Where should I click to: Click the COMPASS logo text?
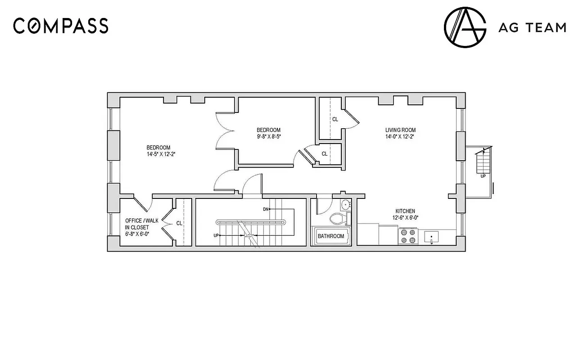point(61,26)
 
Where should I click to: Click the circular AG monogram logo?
point(465,27)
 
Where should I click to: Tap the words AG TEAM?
point(532,28)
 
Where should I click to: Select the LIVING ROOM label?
point(400,130)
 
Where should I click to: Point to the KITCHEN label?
point(405,211)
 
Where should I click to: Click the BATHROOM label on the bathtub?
point(331,236)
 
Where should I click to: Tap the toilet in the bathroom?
point(338,219)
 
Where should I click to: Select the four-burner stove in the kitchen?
point(407,236)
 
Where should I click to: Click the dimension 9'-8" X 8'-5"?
point(269,137)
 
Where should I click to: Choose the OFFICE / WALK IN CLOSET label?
point(142,224)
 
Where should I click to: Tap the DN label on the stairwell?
point(266,210)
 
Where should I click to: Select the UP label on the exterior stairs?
point(483,176)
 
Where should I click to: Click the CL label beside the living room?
point(335,120)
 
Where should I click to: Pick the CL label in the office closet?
point(179,223)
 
